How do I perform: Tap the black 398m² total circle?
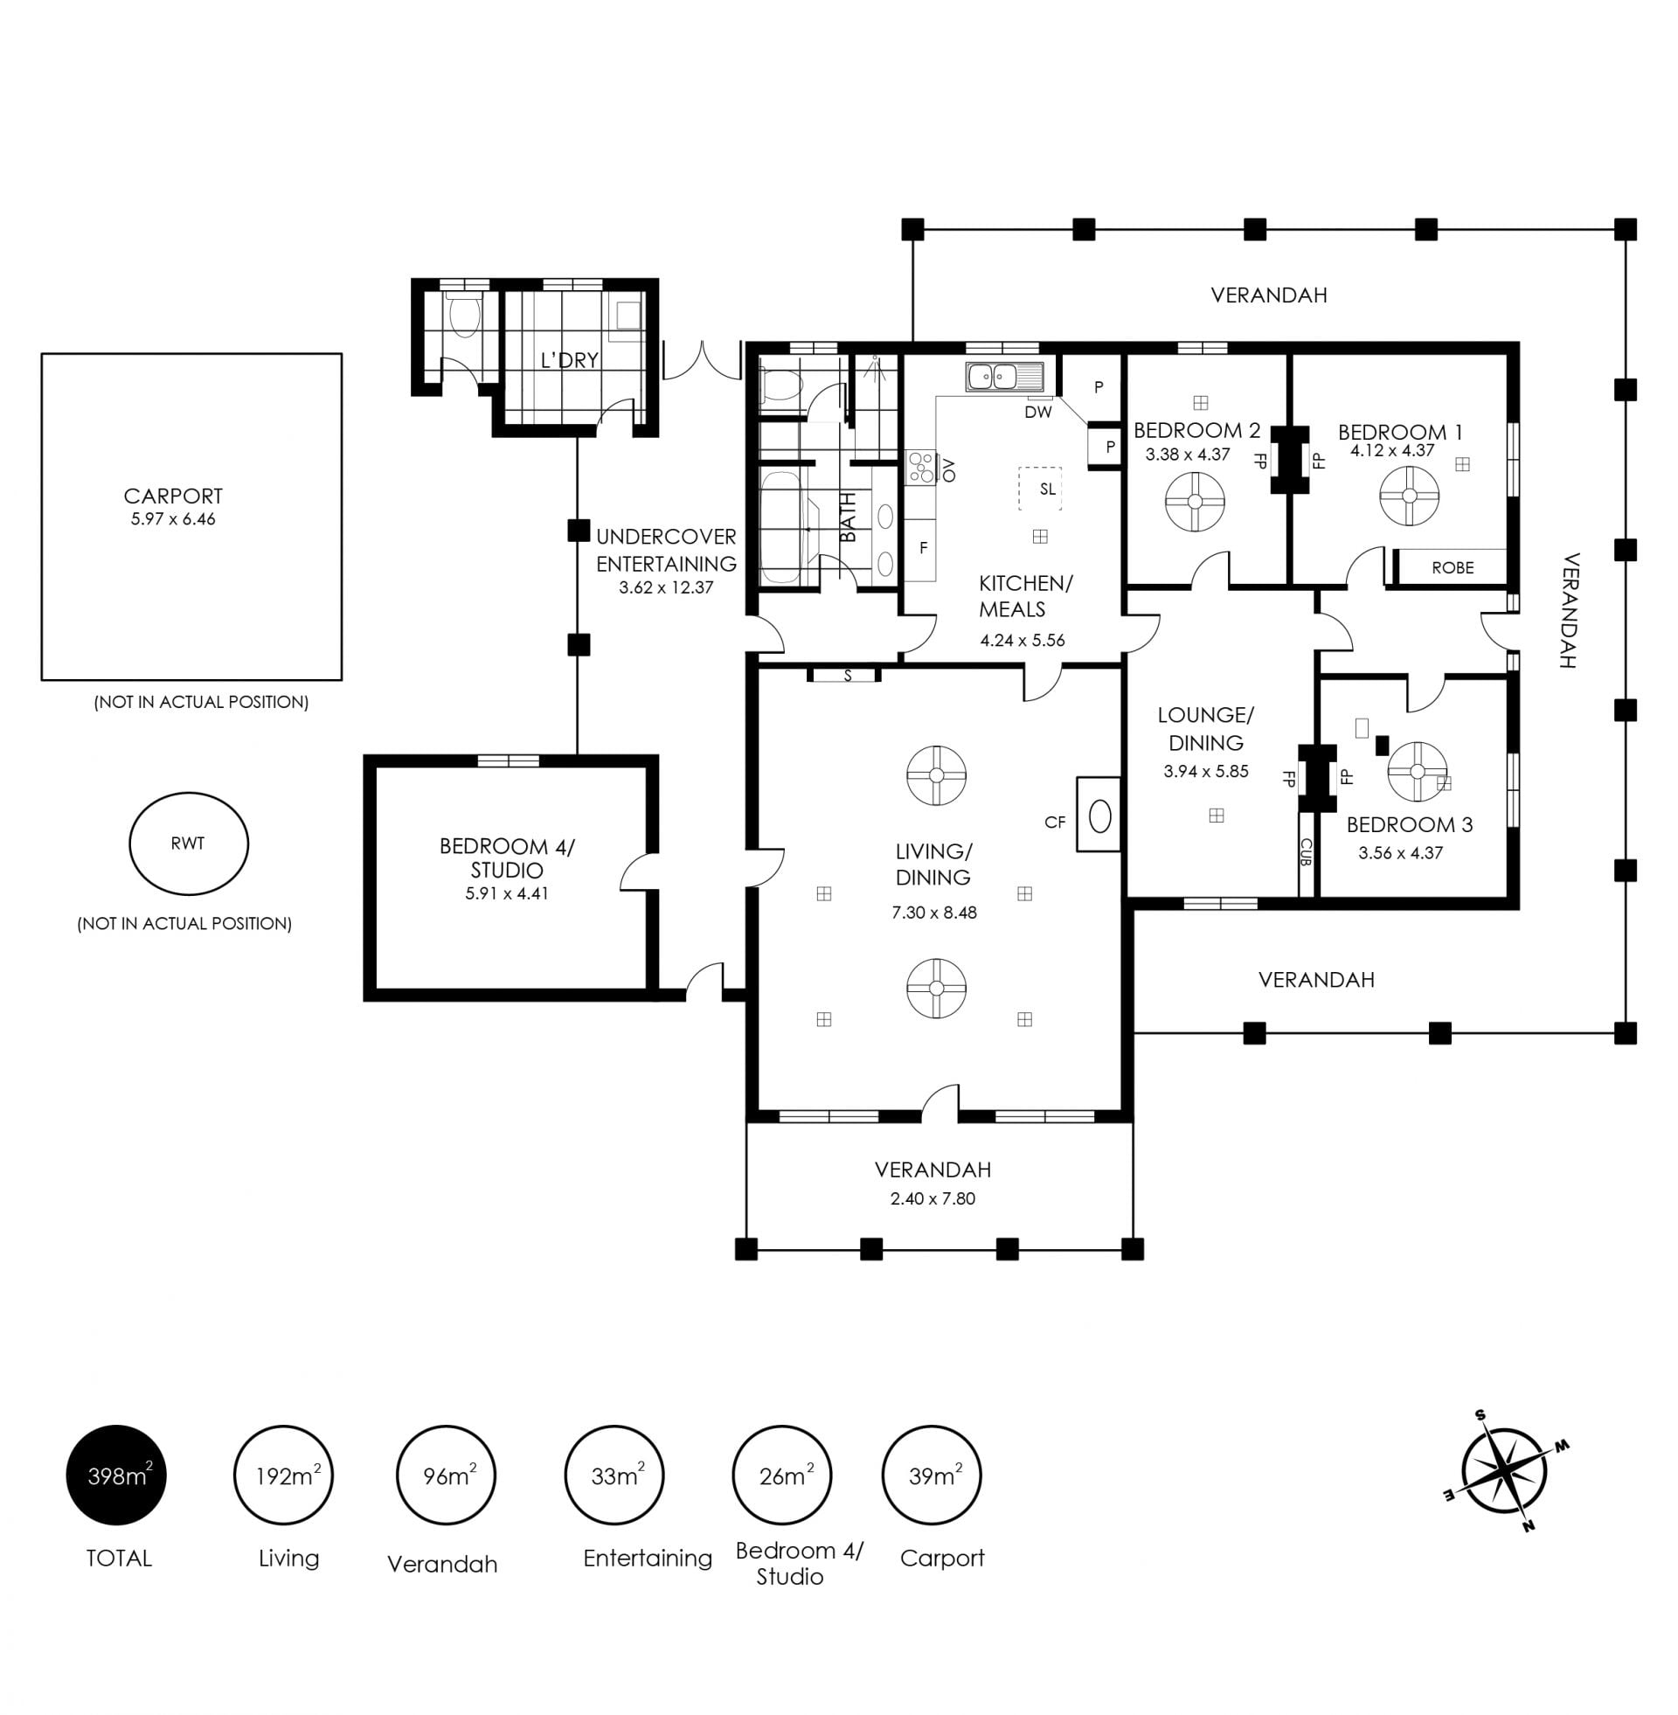coord(116,1475)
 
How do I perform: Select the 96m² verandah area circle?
coord(446,1475)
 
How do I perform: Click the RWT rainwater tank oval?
coord(189,844)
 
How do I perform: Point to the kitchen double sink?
coord(1005,378)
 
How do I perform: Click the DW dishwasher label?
coord(1038,412)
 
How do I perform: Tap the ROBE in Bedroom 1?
coord(1453,567)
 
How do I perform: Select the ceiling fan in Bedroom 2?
coord(1195,502)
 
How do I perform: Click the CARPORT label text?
coord(174,496)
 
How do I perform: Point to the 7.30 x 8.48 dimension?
coord(934,913)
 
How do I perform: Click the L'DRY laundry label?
coord(569,359)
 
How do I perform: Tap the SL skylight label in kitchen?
coord(1047,490)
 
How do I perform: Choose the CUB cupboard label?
coord(1306,851)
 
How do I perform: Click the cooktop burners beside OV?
coord(921,467)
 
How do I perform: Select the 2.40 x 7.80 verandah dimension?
coord(933,1198)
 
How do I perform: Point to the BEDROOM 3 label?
coord(1409,824)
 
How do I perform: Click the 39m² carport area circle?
coord(932,1475)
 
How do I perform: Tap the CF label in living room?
coord(1055,823)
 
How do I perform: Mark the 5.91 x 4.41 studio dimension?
coord(507,892)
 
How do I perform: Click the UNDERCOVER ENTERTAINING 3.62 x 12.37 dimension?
coord(665,587)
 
